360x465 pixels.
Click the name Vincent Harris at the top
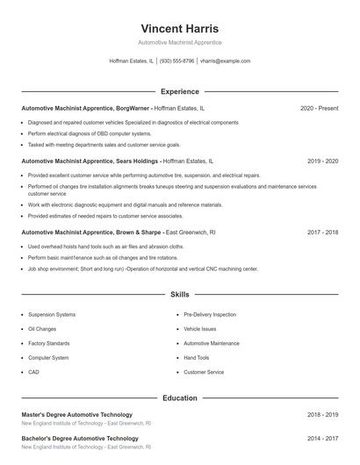(179, 29)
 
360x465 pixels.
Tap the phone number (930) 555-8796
(176, 61)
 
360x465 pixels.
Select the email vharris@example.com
(225, 61)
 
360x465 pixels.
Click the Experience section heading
(179, 91)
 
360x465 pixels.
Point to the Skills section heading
(179, 296)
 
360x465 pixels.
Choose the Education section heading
(179, 397)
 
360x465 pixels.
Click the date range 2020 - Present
(319, 108)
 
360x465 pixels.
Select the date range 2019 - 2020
(322, 161)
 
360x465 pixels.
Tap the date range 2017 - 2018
(322, 232)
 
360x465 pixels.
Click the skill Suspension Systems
(52, 314)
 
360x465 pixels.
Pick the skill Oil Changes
(43, 329)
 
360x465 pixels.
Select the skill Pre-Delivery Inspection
(210, 314)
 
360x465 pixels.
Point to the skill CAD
(33, 372)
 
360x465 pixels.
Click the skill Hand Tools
(197, 358)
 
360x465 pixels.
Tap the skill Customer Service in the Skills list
(204, 372)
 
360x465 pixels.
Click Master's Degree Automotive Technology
(76, 414)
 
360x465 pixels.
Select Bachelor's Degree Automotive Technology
(79, 438)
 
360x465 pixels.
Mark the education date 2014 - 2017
(322, 438)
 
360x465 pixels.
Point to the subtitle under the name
(179, 42)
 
